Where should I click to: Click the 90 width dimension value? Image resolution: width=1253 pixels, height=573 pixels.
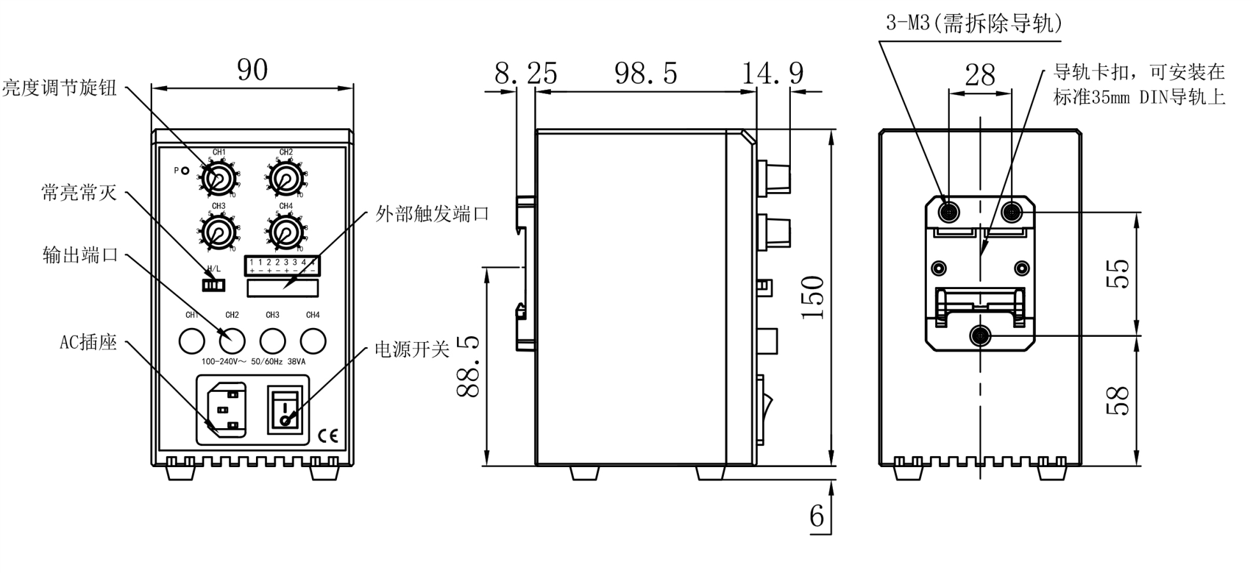tap(252, 70)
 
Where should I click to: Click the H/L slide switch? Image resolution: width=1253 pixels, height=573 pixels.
tap(213, 284)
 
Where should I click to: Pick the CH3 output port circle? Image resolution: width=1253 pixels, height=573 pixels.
tap(273, 341)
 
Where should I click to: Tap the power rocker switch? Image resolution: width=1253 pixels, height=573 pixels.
tap(285, 409)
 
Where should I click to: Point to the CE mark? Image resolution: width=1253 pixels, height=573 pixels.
tap(328, 436)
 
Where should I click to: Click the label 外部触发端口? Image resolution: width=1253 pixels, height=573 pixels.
tap(432, 214)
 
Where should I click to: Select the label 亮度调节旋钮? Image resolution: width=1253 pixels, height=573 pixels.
tap(59, 87)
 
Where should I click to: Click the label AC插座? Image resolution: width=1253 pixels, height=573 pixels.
tap(88, 342)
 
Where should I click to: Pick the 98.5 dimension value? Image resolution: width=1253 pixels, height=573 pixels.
tap(645, 73)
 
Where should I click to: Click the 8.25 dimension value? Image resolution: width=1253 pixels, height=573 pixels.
tap(525, 73)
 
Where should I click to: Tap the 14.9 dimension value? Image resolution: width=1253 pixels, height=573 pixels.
tap(772, 73)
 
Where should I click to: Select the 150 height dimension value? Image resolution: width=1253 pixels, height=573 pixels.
tap(813, 297)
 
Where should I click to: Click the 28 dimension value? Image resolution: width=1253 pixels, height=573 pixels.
tap(980, 75)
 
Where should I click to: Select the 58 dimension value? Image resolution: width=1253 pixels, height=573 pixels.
tap(1118, 401)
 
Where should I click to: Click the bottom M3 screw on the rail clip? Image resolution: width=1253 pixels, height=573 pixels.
tap(980, 336)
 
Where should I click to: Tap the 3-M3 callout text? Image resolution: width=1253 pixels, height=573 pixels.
tap(974, 23)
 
